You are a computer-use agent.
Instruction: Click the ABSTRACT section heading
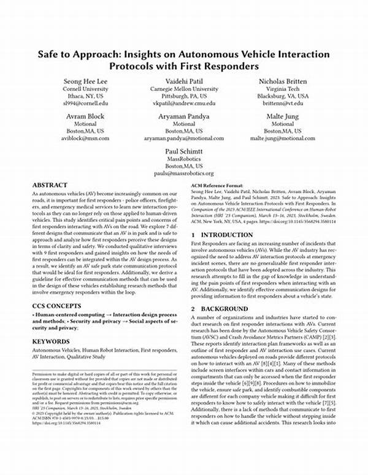pyautogui.click(x=50, y=184)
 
